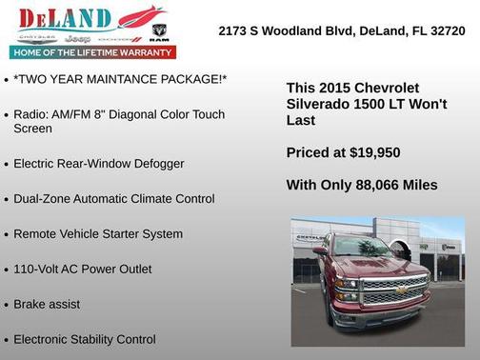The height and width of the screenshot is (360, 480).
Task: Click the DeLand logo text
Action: click(x=65, y=18)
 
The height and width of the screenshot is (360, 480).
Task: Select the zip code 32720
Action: click(x=447, y=31)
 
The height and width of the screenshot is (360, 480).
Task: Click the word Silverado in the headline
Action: click(x=317, y=104)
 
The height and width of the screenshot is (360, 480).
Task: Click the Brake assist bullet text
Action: click(x=47, y=304)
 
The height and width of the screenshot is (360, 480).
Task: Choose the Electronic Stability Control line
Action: click(x=84, y=339)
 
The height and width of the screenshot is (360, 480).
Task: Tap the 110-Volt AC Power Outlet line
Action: click(x=82, y=269)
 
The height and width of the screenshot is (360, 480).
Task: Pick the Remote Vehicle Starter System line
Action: click(x=97, y=233)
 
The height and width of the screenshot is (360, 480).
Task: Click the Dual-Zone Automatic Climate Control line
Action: click(x=113, y=199)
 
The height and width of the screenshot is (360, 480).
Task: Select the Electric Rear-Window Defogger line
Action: click(x=98, y=164)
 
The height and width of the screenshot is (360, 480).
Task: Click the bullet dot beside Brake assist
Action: click(x=7, y=305)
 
